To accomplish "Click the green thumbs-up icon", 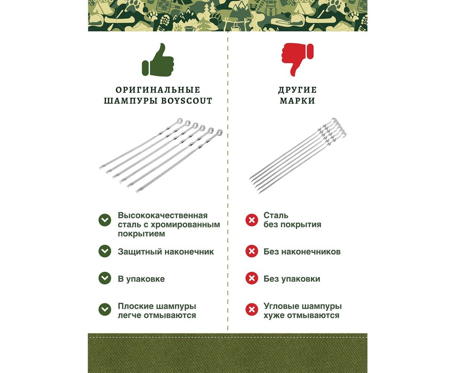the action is point(158,60).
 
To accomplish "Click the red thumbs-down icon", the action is point(297,60).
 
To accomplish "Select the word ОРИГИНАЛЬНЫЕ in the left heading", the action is point(158,90).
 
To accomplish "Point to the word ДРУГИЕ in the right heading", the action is point(297,90).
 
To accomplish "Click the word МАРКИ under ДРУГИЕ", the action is point(297,101).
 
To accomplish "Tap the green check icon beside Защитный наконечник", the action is point(105,251).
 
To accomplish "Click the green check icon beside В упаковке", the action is point(105,278).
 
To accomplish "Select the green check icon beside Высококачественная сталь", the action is point(105,220).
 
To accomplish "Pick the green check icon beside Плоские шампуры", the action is point(105,310).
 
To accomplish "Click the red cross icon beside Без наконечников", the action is point(252,251).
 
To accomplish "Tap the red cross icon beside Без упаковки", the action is point(252,278).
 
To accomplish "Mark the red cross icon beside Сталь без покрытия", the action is point(252,220).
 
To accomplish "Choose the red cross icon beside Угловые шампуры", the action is point(252,310).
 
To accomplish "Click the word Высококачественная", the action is point(163,216).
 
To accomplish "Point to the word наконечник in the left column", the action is point(189,252).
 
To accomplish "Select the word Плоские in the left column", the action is point(135,306).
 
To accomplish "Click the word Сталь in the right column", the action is point(276,216).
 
